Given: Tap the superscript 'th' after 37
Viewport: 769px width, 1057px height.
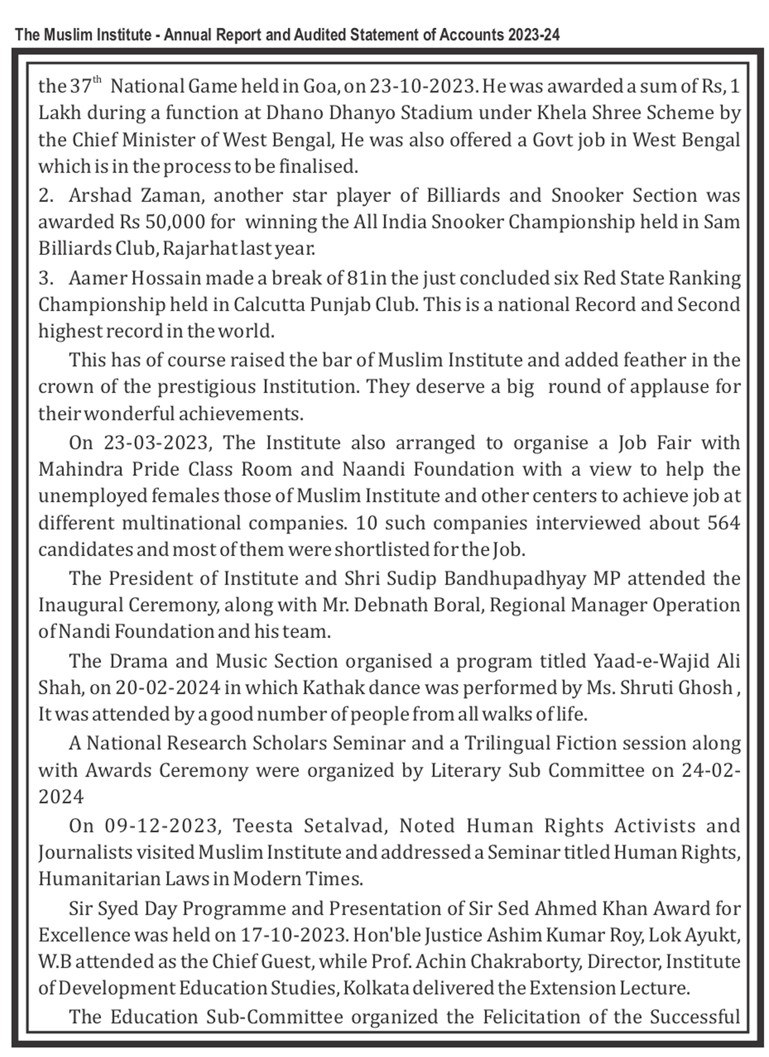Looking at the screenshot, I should coord(97,80).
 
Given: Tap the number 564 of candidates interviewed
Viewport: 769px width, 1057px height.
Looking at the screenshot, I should coord(723,523).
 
